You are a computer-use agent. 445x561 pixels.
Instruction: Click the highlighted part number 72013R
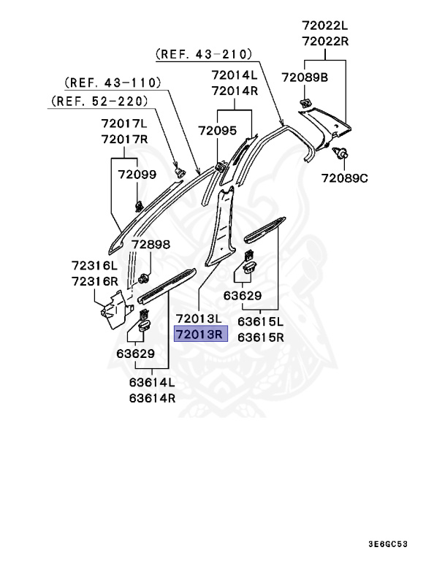click(199, 334)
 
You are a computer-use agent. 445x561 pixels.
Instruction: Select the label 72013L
click(199, 318)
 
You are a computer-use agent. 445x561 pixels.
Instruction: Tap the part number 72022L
click(325, 26)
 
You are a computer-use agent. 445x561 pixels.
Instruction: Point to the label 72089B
click(305, 77)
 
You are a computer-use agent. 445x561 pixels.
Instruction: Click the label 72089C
click(344, 178)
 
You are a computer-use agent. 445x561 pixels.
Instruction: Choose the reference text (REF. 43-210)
click(204, 54)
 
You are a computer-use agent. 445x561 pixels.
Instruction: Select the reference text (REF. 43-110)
click(113, 83)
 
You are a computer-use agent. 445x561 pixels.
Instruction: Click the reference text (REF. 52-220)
click(99, 101)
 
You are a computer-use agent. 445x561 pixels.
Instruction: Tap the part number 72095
click(218, 131)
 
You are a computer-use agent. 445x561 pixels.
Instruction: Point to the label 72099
click(137, 175)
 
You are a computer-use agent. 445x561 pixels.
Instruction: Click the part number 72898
click(151, 245)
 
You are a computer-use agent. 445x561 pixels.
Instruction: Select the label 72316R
click(95, 281)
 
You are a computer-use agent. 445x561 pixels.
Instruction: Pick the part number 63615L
click(260, 321)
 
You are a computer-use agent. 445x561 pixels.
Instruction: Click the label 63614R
click(153, 398)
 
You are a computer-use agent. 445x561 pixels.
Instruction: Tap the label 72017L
click(124, 123)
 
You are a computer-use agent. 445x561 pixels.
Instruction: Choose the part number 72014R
click(235, 91)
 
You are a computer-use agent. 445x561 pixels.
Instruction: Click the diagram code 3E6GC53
click(388, 544)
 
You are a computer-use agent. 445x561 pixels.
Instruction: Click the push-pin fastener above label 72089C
click(340, 153)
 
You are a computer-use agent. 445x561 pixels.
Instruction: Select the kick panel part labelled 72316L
click(116, 309)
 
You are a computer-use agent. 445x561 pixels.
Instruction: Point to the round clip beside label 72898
click(144, 278)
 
